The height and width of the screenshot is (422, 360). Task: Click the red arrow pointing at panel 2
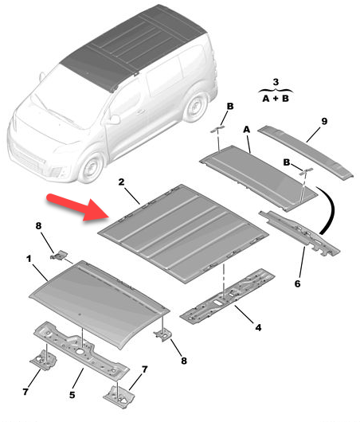click(78, 207)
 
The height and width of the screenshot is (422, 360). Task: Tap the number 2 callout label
click(121, 182)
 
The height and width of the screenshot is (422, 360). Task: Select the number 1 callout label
click(29, 259)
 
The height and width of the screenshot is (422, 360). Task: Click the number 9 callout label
click(324, 121)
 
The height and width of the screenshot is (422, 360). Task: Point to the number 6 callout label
click(297, 283)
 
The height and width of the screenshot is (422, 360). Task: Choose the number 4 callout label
click(258, 327)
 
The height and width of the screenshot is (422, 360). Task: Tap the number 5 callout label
click(72, 395)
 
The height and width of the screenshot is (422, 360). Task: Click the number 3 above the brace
click(276, 82)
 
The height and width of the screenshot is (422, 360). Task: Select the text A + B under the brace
click(276, 99)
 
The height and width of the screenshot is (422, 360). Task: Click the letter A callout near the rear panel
click(246, 130)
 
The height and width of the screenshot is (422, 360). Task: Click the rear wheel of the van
click(196, 107)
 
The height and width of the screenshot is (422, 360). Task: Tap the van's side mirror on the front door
click(115, 119)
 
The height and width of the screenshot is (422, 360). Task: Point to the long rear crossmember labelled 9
click(306, 151)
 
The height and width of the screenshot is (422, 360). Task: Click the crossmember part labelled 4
click(228, 296)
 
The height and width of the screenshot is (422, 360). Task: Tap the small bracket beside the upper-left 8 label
click(59, 255)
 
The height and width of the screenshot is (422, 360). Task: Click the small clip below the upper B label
click(217, 129)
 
